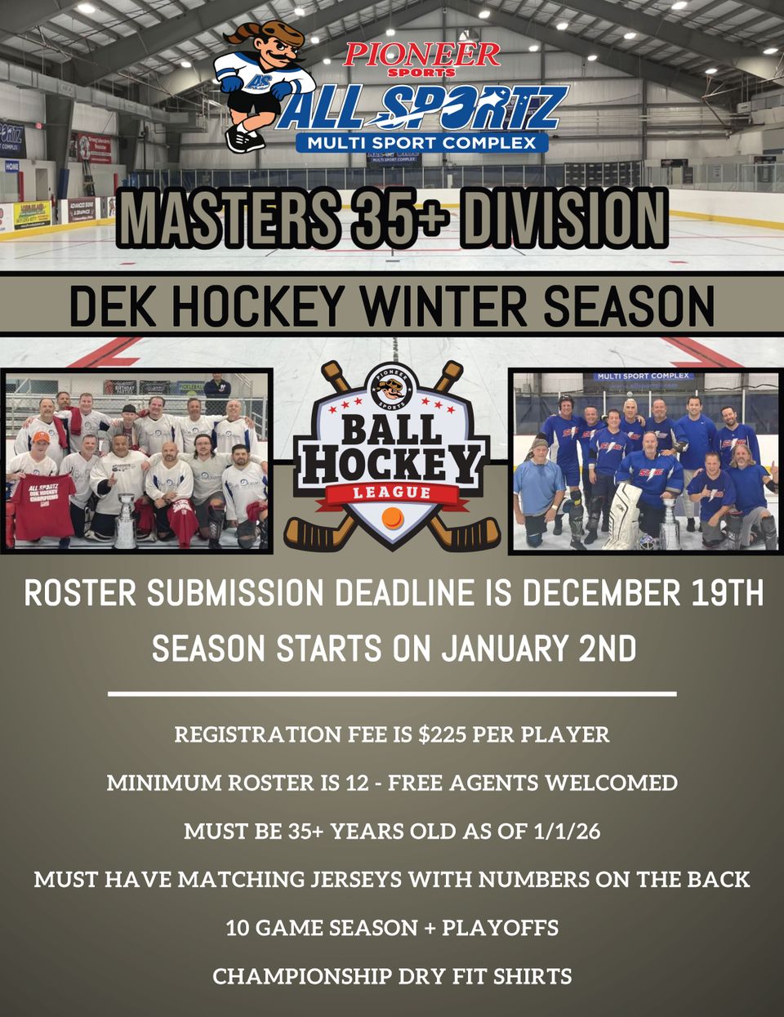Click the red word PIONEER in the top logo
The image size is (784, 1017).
point(421,55)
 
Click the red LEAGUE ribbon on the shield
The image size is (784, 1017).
point(391,492)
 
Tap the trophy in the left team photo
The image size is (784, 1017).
point(126,520)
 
